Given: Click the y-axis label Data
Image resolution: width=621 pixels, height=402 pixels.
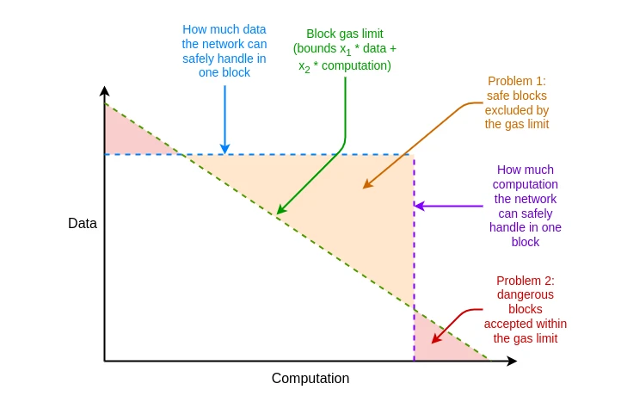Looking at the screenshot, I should point(83,224).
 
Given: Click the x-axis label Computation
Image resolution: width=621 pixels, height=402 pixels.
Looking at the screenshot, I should point(310,379).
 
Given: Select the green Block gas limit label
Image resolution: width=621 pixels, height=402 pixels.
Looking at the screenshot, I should point(345,50).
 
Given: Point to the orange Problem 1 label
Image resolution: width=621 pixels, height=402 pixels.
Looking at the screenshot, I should point(516,102).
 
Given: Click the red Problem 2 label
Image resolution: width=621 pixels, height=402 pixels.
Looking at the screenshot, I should point(525,309).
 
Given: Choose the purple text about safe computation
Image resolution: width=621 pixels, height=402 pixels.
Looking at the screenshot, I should point(526,206).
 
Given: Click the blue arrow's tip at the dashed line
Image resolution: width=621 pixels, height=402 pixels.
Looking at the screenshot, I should point(224,152).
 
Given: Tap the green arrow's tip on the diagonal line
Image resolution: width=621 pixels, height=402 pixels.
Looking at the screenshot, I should point(278,213).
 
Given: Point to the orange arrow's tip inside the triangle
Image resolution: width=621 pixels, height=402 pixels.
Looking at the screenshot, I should point(364,187).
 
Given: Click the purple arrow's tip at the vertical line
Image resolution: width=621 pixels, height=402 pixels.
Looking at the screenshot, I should point(416,207).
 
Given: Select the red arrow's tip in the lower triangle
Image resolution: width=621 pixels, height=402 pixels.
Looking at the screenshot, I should point(433,342).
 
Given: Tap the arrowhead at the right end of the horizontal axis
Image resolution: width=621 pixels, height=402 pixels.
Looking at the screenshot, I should point(513,362).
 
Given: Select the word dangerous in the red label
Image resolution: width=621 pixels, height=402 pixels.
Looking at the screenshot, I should point(526,294).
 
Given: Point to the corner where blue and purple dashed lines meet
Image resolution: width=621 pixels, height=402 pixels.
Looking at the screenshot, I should point(414,155).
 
